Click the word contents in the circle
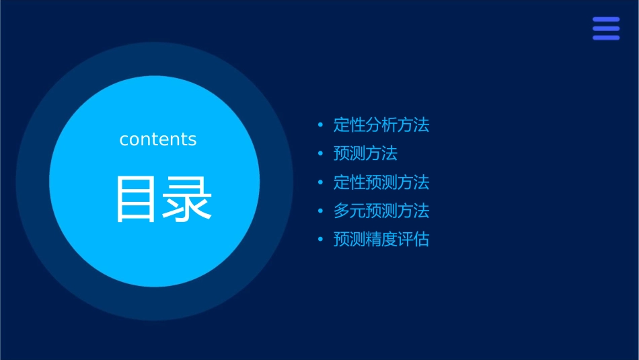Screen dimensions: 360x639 (158, 139)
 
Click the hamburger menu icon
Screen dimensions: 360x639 (606, 29)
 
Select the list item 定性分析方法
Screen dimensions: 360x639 (381, 125)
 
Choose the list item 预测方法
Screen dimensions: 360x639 (365, 153)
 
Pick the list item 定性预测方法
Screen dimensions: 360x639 (381, 182)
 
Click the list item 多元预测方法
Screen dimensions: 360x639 (381, 211)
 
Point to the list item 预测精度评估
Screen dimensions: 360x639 (381, 240)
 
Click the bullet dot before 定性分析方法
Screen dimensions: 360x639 (321, 125)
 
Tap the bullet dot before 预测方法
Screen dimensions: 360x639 (321, 154)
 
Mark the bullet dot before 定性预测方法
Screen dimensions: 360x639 (321, 182)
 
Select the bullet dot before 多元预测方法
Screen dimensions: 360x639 (321, 211)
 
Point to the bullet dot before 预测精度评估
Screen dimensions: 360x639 (321, 240)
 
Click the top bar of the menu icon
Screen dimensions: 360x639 (606, 20)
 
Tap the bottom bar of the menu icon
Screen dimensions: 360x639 (606, 38)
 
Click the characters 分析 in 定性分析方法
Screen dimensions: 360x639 (381, 125)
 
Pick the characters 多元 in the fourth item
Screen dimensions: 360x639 (350, 211)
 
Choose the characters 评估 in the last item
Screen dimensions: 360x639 (413, 240)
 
